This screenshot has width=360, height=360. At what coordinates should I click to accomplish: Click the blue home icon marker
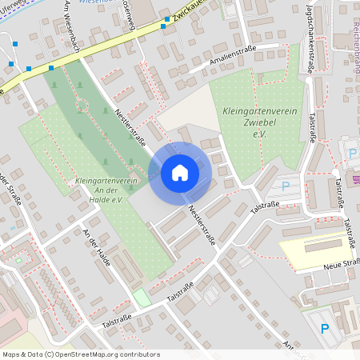(x=180, y=173)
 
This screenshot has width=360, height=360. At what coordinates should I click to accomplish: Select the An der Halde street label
(x=97, y=240)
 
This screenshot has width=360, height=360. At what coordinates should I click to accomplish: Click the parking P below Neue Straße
(x=324, y=328)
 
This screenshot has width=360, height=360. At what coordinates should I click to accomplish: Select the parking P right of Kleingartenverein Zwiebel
(x=286, y=186)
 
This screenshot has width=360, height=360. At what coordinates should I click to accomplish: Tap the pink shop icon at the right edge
(x=356, y=178)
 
